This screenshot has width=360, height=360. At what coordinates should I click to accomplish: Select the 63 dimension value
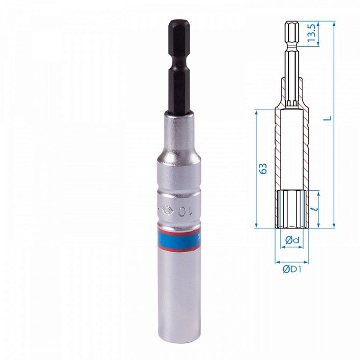tap(263, 169)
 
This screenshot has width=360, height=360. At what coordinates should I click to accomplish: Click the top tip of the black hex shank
tap(177, 22)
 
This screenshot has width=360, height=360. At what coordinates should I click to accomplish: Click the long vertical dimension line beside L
tap(334, 124)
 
